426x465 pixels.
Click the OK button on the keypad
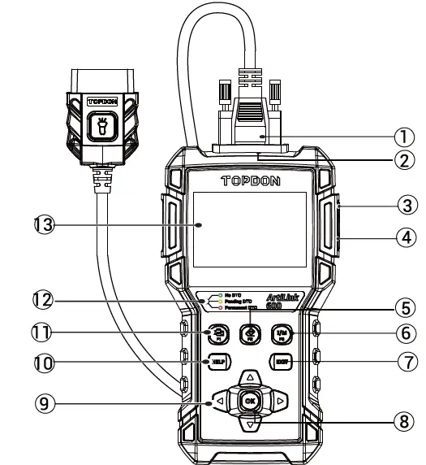tap(251, 401)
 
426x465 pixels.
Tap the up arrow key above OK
tap(251, 378)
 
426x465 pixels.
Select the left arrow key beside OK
tap(221, 401)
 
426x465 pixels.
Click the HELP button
tap(218, 360)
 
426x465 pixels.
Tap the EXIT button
tap(281, 360)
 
